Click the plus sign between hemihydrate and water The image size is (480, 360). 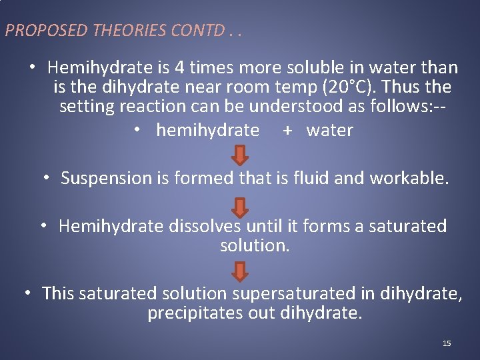(287, 131)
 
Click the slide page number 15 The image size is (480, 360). (447, 343)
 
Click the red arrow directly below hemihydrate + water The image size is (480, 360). (241, 155)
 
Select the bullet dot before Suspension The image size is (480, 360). (47, 178)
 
